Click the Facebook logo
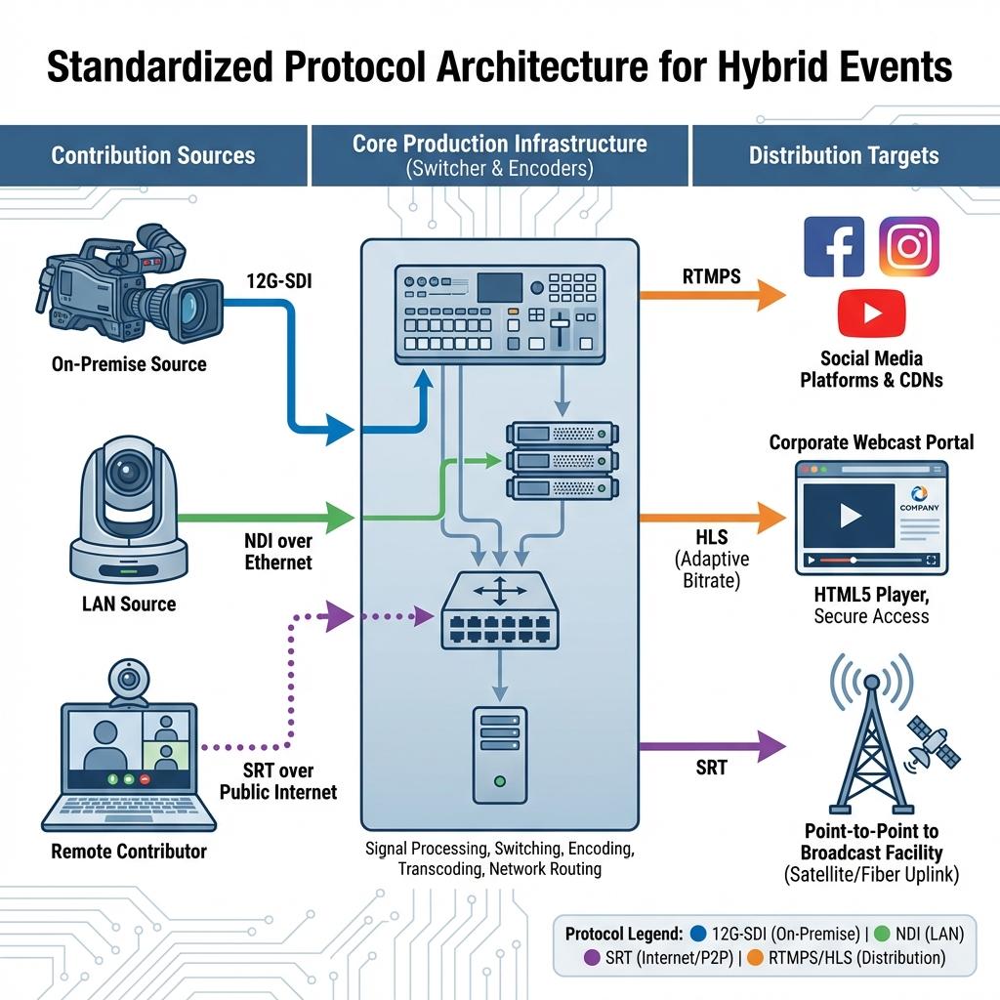[x=834, y=247]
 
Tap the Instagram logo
[x=909, y=246]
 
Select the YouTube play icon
[x=871, y=313]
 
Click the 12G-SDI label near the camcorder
[x=279, y=280]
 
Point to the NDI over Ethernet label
[x=278, y=552]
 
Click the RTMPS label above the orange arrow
[x=712, y=276]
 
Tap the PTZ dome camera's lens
[x=128, y=473]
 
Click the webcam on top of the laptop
[x=129, y=682]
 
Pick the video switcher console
[x=499, y=313]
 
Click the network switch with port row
[x=500, y=610]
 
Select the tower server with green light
[x=500, y=755]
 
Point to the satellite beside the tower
[x=933, y=743]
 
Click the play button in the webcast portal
[x=851, y=516]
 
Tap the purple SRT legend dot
[x=592, y=957]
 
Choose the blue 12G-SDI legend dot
[x=698, y=934]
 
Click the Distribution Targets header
[x=844, y=155]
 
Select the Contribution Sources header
[x=153, y=155]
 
